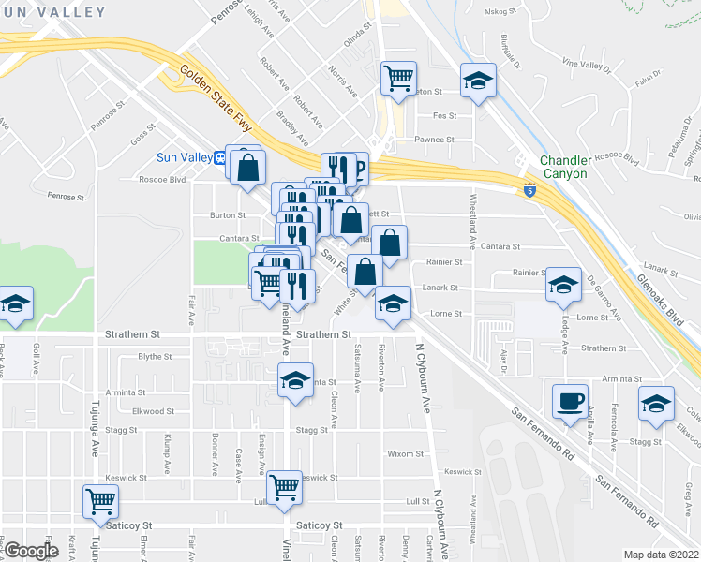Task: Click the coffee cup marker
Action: [x=570, y=401]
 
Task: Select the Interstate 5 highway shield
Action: [x=529, y=190]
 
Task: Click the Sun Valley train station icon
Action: [x=219, y=156]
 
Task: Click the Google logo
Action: [x=31, y=551]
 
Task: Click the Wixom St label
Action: [x=405, y=454]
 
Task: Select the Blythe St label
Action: [x=156, y=356]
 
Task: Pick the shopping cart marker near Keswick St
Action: [x=284, y=486]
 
